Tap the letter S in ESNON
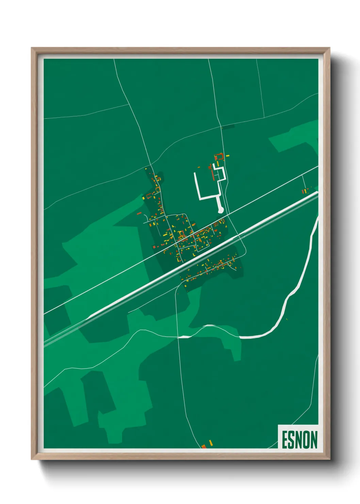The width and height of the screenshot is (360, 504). pyautogui.click(x=293, y=440)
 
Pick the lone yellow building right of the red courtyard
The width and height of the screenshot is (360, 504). pyautogui.click(x=228, y=156)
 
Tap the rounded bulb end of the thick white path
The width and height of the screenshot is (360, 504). pyautogui.click(x=220, y=210)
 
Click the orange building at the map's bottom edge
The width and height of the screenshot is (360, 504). pyautogui.click(x=204, y=446)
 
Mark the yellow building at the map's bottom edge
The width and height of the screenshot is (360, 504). pyautogui.click(x=211, y=442)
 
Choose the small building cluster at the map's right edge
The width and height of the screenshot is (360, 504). pyautogui.click(x=305, y=191)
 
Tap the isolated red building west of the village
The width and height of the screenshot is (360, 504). pyautogui.click(x=139, y=213)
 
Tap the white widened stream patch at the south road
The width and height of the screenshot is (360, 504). pyautogui.click(x=184, y=337)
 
